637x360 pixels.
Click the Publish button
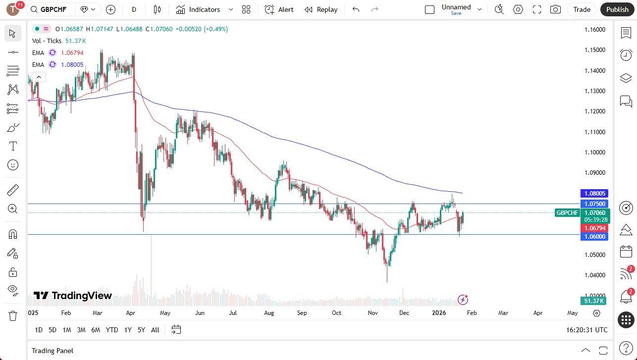tap(617, 9)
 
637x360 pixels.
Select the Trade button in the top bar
tap(582, 9)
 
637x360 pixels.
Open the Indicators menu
tap(204, 9)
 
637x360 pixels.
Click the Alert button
tap(279, 9)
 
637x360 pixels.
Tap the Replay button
tap(321, 9)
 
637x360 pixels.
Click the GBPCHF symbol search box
tap(52, 9)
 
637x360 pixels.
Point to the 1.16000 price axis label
tap(594, 30)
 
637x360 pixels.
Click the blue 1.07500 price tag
tap(594, 204)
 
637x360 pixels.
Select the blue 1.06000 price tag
tap(594, 237)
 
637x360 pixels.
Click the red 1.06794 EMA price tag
tap(594, 228)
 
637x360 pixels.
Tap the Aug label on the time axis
tap(269, 313)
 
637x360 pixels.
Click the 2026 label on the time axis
tap(439, 313)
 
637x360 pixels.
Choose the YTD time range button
tap(112, 330)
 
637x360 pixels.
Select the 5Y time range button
tap(141, 330)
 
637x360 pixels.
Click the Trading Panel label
tap(53, 351)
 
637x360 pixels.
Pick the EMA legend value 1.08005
tap(72, 65)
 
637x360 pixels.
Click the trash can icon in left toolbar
tap(13, 315)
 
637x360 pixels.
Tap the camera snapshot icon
tap(555, 9)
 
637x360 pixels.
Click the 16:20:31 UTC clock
tap(586, 330)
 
